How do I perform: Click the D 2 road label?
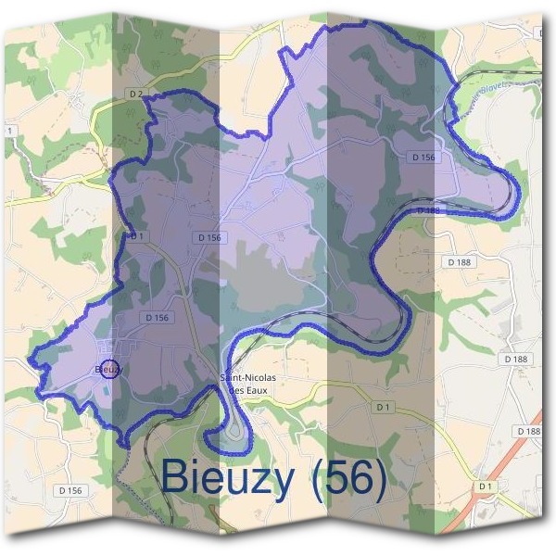point(135,94)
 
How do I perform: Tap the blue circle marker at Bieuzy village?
point(107,369)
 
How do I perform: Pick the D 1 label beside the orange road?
point(486,486)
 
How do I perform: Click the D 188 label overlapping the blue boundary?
point(427,211)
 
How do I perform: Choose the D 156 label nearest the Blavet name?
point(422,158)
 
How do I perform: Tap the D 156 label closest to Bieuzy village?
point(158,318)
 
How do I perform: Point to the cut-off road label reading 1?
point(9,132)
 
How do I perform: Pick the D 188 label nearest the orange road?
point(527,432)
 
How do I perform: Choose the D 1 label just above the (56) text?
point(384,407)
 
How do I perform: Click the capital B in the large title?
point(177,477)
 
